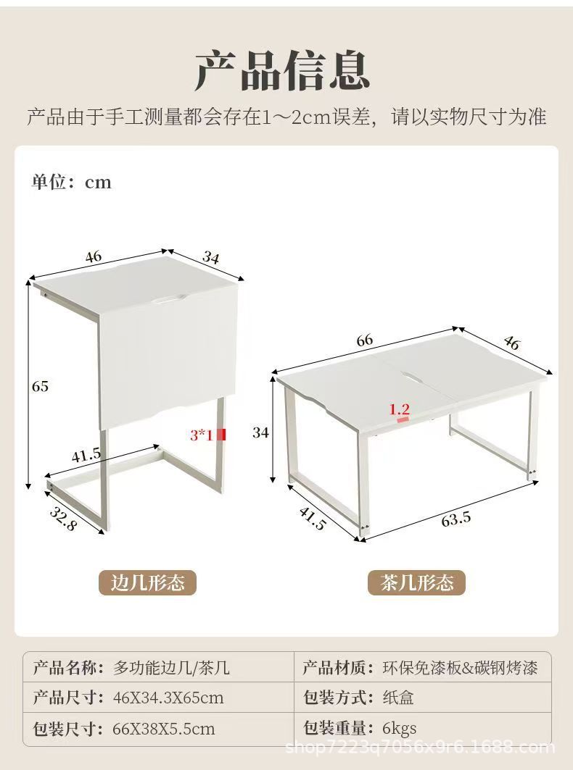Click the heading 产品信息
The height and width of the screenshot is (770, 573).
(283, 71)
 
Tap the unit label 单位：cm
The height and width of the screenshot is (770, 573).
(72, 183)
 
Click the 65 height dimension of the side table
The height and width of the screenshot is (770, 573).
(40, 387)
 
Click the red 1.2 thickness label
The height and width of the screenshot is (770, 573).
(400, 409)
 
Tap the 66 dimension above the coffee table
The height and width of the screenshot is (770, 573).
(364, 340)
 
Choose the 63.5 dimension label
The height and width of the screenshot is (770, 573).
(455, 519)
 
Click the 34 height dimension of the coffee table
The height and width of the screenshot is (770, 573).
(260, 432)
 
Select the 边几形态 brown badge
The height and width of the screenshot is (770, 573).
(147, 583)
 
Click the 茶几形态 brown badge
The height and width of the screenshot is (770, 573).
(416, 583)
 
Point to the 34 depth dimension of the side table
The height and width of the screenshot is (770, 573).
(210, 257)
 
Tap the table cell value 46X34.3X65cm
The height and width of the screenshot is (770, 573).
(168, 698)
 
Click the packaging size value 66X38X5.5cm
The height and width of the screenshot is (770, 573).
(164, 729)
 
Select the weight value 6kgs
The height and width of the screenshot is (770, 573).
(400, 728)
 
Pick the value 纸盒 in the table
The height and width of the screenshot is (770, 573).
(398, 698)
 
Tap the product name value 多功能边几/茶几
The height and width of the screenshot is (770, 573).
(171, 668)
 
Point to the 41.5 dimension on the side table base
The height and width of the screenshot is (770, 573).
(86, 456)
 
